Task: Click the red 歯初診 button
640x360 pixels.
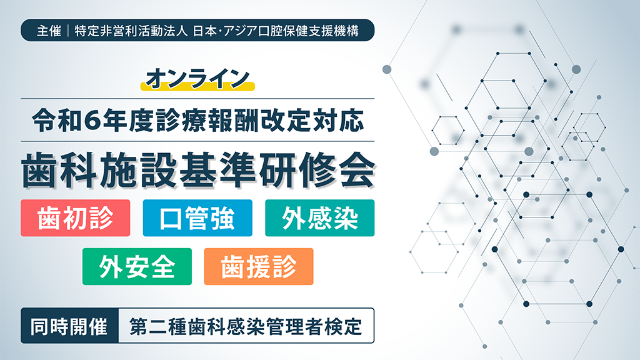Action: tap(76, 218)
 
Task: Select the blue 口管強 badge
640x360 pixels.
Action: tap(197, 218)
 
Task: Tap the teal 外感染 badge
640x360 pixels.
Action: tap(319, 218)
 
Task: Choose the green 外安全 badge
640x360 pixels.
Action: tap(137, 267)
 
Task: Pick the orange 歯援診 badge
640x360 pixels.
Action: tap(259, 267)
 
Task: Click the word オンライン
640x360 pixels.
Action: tap(197, 77)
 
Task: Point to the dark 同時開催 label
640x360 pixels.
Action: tap(69, 326)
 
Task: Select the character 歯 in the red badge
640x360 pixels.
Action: tap(47, 218)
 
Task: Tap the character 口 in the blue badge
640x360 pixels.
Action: tap(169, 218)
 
